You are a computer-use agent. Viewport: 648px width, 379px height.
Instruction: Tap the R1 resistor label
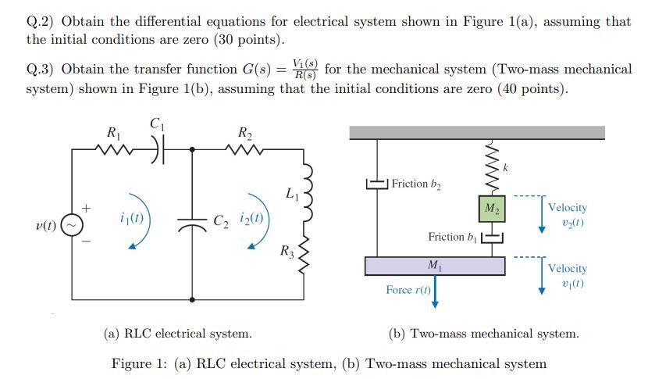pyautogui.click(x=113, y=132)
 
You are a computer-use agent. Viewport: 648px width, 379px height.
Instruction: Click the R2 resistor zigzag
pyautogui.click(x=244, y=148)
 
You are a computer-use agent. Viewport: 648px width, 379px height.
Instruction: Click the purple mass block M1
pyautogui.click(x=433, y=266)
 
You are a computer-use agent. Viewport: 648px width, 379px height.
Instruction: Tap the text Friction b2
pyautogui.click(x=416, y=184)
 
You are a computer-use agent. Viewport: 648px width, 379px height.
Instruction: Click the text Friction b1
pyautogui.click(x=451, y=236)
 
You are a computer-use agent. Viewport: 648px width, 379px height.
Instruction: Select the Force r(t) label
pyautogui.click(x=408, y=290)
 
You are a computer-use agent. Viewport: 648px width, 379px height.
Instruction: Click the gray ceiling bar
pyautogui.click(x=476, y=133)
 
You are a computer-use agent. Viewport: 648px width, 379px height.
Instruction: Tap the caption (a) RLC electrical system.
pyautogui.click(x=177, y=334)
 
